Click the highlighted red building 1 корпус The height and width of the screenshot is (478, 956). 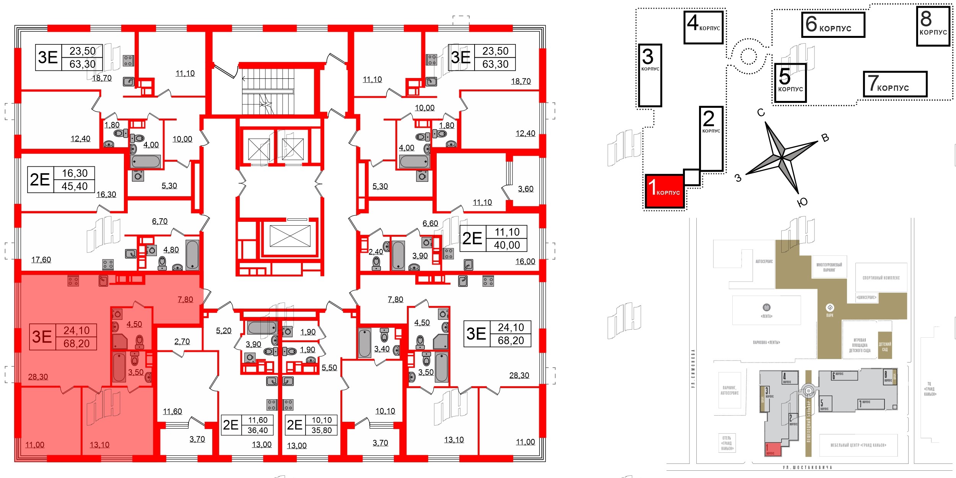[x=665, y=191]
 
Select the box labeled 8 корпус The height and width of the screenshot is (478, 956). [x=933, y=26]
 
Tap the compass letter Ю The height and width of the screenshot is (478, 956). [x=802, y=202]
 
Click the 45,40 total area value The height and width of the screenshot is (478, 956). [x=75, y=186]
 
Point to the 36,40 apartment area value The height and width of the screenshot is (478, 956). [x=257, y=430]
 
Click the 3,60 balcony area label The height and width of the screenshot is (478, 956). [x=525, y=189]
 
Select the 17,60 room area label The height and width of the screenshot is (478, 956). [x=41, y=260]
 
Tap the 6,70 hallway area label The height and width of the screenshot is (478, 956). [x=159, y=221]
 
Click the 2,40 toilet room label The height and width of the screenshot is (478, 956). [x=376, y=252]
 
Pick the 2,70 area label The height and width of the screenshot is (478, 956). [x=182, y=341]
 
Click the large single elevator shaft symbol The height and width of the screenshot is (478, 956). [x=290, y=236]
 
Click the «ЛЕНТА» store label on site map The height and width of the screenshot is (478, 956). [x=766, y=316]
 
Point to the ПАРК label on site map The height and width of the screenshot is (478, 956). [x=829, y=315]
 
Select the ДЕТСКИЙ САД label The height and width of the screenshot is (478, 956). [x=884, y=346]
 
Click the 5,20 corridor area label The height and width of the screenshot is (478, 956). [x=224, y=331]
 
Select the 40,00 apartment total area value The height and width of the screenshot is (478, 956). [x=507, y=245]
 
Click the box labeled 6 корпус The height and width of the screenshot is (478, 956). [x=833, y=25]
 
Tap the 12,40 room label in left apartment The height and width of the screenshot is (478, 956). [x=80, y=139]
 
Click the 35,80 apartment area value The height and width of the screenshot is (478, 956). [x=321, y=430]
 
